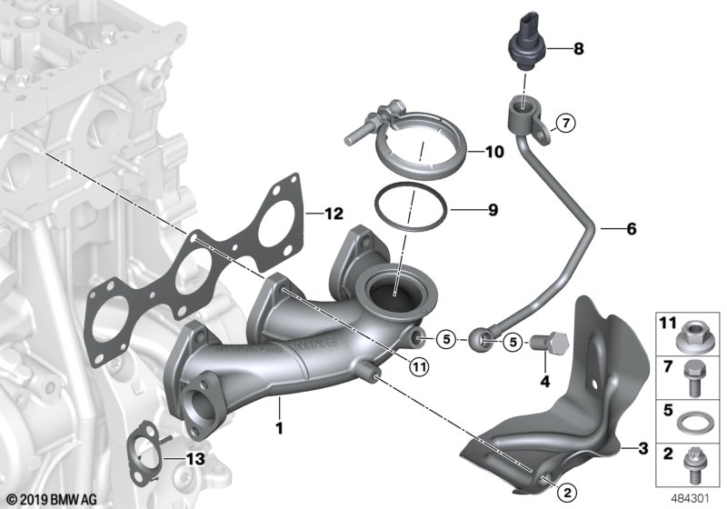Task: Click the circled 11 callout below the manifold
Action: click(x=419, y=367)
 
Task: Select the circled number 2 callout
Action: click(x=568, y=493)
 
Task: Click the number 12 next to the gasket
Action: click(x=334, y=214)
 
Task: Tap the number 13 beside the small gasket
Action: click(x=195, y=459)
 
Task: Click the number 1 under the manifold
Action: click(x=279, y=427)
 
